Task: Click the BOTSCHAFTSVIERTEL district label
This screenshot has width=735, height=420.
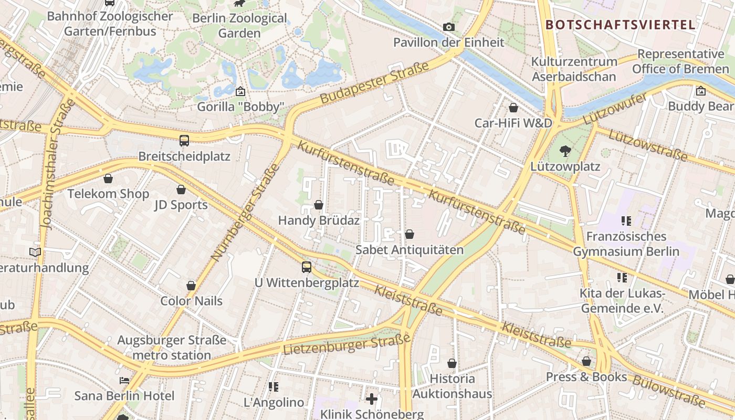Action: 620,25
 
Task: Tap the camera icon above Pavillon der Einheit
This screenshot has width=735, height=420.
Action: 449,27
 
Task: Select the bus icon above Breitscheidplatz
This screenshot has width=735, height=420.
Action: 184,140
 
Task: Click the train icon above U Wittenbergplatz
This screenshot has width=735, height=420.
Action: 307,267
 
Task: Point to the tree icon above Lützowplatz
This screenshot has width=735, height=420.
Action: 565,151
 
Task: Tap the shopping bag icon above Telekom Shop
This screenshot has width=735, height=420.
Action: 108,178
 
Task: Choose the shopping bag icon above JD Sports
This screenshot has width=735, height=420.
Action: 181,190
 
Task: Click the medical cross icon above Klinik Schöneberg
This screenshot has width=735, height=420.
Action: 372,399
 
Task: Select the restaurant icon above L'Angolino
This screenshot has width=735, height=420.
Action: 273,387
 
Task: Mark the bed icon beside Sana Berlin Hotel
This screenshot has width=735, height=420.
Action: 124,380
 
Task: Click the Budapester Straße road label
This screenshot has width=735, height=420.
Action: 374,82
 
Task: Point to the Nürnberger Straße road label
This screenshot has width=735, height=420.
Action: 245,213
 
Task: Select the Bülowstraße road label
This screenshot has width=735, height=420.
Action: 669,391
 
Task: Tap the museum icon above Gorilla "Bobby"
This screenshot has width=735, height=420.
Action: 240,91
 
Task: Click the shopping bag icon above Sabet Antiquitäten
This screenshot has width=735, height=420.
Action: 409,234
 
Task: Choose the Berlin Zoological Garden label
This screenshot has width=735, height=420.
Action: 239,26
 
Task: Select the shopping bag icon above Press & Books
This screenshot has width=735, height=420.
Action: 586,361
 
